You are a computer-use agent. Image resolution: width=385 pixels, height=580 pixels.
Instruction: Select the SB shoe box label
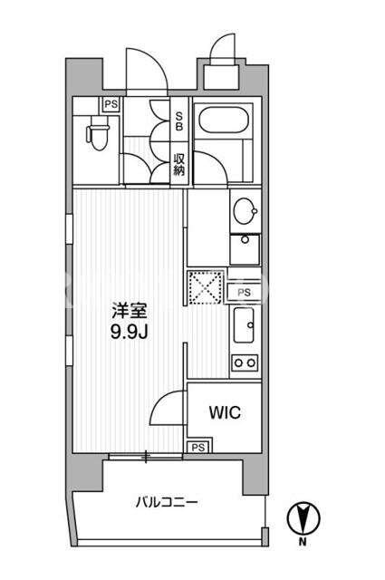coord(179,121)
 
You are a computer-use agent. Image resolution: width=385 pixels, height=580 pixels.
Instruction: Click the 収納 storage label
coord(179,165)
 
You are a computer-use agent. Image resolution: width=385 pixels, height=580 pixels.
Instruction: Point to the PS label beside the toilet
coord(111,104)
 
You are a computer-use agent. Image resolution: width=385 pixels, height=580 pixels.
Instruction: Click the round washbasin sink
coord(245,210)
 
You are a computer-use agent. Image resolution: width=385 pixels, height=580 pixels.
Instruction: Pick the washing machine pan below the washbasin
coord(245,249)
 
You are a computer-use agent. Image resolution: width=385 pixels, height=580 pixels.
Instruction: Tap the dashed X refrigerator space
coord(206,287)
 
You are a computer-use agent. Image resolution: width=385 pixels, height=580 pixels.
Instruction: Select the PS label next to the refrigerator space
coord(244,293)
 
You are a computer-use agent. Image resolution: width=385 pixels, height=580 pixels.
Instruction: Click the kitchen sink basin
coord(244,324)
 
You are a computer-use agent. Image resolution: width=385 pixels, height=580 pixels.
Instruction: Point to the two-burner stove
coord(245,362)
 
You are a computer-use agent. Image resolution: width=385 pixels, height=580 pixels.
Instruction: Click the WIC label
coord(225,412)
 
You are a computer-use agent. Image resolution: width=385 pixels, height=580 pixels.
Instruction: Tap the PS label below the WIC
coord(198,448)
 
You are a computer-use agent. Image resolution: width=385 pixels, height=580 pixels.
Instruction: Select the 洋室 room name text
coord(130,311)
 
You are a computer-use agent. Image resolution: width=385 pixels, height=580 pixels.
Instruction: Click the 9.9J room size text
coord(130,333)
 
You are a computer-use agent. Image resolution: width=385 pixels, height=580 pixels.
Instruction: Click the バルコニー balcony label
coord(167,502)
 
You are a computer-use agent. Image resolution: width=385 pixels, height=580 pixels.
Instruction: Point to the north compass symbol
coord(303,517)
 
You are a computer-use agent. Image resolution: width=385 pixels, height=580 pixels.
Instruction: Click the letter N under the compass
coord(303,542)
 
